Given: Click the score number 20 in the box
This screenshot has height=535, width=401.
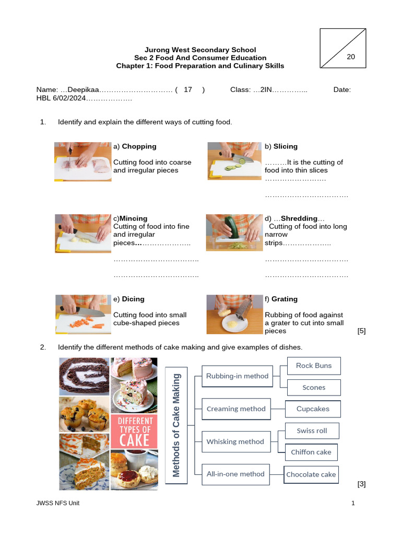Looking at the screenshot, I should click(x=350, y=57).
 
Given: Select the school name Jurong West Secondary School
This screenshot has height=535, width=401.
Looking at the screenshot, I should click(x=200, y=50).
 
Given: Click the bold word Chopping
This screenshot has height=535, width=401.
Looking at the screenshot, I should click(x=139, y=146).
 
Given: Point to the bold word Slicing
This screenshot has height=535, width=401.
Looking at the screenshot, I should click(x=285, y=146).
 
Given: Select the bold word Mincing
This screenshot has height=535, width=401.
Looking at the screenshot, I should click(x=134, y=218).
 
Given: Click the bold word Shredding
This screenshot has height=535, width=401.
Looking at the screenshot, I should click(x=299, y=218).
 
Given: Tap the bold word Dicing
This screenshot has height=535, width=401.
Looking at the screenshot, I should click(x=133, y=299).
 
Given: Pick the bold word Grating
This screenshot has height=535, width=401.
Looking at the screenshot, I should click(x=285, y=299).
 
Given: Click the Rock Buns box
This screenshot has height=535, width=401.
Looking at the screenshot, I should click(x=314, y=366).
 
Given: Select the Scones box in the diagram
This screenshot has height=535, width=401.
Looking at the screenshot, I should click(x=314, y=388).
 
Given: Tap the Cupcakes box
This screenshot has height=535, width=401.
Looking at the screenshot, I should click(x=313, y=409).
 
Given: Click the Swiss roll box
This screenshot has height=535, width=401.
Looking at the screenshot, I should click(x=312, y=431).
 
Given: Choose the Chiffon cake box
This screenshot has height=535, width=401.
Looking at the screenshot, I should click(x=311, y=452).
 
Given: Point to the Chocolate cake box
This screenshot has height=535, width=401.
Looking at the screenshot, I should click(x=311, y=474).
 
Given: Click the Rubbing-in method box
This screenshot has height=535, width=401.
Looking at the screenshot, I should click(x=237, y=376).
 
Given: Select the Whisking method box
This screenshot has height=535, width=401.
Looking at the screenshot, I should click(x=235, y=441).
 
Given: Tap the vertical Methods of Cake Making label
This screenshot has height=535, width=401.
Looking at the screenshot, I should click(x=176, y=424).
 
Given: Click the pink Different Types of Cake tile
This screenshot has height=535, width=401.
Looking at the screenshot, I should click(x=134, y=432).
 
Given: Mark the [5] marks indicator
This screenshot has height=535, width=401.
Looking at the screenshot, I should click(x=361, y=331).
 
